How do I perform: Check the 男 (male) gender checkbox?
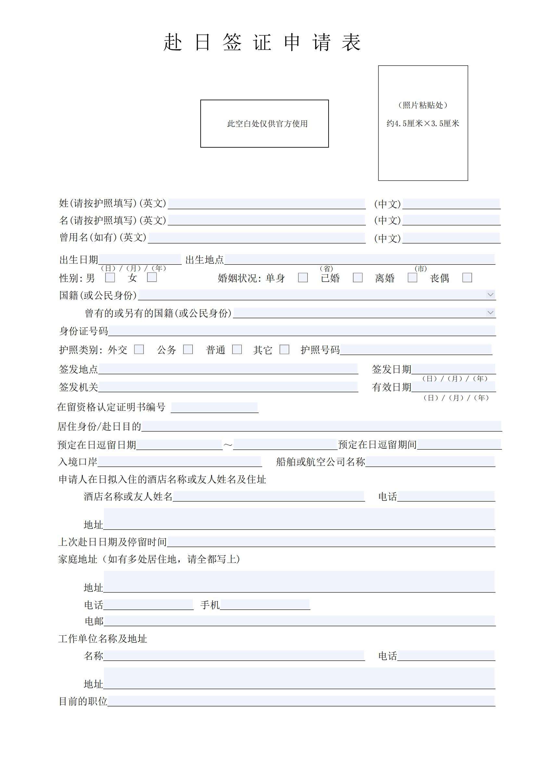tap(110, 277)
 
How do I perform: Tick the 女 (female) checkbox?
tap(152, 277)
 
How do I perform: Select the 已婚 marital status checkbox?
tap(357, 277)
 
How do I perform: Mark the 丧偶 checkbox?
tap(467, 277)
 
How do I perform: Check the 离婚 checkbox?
tap(412, 277)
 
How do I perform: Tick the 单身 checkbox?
tap(303, 277)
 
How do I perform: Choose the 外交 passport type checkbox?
tap(139, 349)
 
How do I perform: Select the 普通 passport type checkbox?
tap(237, 349)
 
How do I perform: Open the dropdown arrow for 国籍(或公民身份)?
tap(490, 295)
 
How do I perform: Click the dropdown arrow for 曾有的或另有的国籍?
tap(490, 312)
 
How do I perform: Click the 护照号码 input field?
tap(416, 349)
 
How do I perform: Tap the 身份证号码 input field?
tap(302, 331)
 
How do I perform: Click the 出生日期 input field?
tap(140, 260)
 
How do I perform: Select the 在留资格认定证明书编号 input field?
tap(214, 407)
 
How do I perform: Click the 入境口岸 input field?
tap(180, 461)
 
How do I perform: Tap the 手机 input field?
tap(265, 605)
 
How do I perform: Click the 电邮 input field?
tap(299, 621)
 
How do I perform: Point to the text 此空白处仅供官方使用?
tap(268, 124)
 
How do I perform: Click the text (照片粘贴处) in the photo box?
tap(423, 105)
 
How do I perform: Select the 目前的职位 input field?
tap(301, 701)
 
